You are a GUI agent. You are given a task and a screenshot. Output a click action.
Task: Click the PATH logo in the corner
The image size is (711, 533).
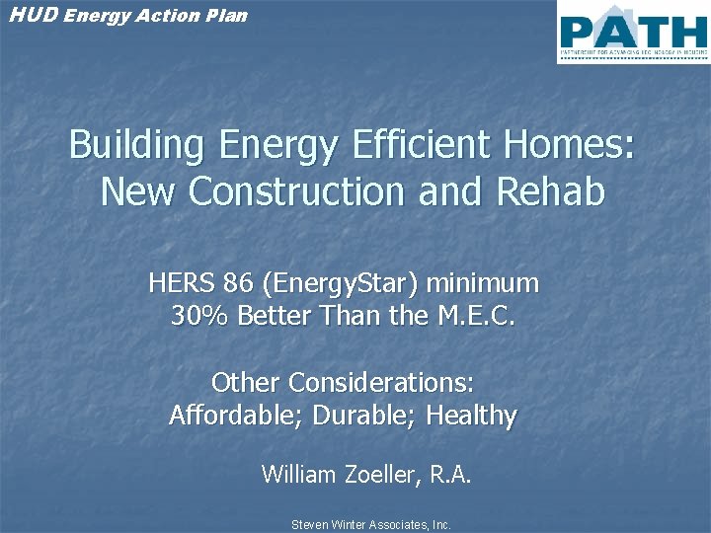tap(632, 32)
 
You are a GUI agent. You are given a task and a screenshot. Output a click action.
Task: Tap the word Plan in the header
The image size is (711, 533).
tap(227, 15)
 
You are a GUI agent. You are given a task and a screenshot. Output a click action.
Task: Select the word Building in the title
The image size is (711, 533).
tap(136, 146)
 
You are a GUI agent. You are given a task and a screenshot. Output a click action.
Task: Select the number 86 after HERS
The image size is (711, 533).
tap(238, 284)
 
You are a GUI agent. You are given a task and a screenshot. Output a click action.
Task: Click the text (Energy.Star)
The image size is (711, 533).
tap(341, 284)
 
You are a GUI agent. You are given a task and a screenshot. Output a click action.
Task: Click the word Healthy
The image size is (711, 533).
tap(471, 416)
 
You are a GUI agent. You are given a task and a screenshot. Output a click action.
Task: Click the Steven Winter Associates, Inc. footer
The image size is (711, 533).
tap(370, 525)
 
